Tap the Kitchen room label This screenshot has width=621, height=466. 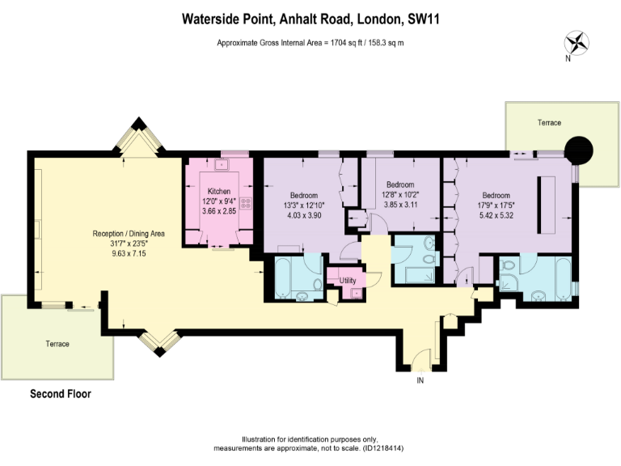(219, 191)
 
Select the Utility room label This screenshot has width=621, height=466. (348, 280)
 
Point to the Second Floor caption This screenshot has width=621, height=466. (61, 395)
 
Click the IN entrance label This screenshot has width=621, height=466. (420, 379)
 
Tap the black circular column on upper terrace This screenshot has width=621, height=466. (578, 149)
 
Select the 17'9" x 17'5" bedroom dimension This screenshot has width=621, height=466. (496, 205)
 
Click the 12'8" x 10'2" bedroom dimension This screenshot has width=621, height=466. (399, 193)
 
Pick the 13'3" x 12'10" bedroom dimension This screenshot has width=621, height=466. (303, 205)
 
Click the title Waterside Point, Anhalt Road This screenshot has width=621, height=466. (310, 16)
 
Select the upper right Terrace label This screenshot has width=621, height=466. (549, 122)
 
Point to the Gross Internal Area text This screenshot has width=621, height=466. (310, 42)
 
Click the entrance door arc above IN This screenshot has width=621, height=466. (420, 357)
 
